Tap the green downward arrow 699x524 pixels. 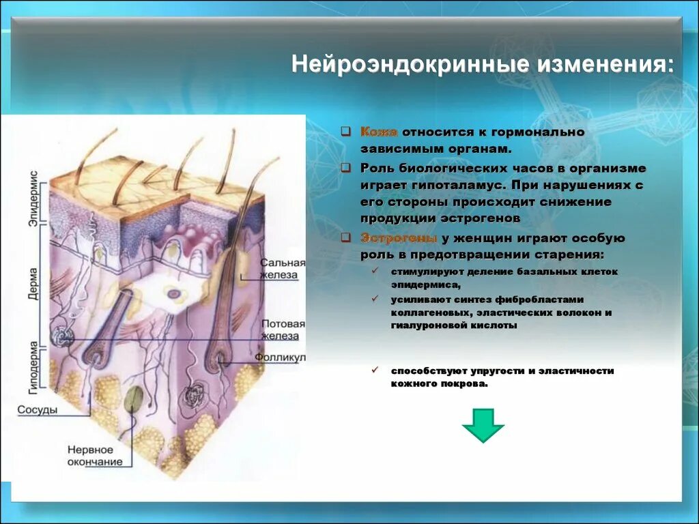pos(483,425)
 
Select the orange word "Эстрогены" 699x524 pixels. pos(399,238)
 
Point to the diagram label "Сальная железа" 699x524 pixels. pos(282,268)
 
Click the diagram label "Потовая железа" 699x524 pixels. pos(282,330)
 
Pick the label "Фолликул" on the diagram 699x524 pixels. pos(280,358)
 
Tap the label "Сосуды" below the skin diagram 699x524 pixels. pos(37,409)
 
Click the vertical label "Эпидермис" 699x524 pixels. pos(33,197)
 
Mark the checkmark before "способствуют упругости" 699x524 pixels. pos(375,370)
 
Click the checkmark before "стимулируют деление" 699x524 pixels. pos(375,271)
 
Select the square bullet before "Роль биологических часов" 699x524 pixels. pos(346,168)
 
